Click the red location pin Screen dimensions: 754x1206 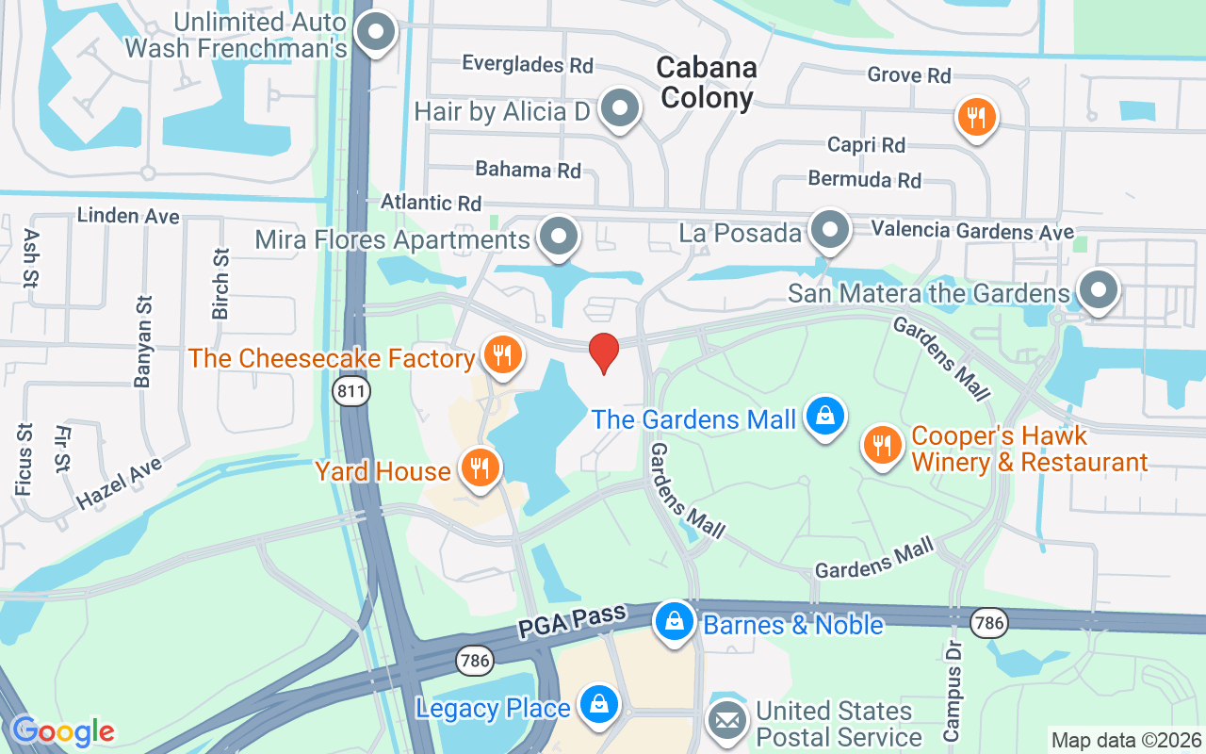[603, 352]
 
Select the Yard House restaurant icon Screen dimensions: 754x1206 [480, 467]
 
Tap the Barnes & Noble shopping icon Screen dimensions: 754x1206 [675, 621]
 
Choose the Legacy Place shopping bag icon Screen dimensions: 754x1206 [597, 704]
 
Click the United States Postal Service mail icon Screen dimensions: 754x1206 [726, 722]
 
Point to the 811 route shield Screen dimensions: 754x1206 [350, 394]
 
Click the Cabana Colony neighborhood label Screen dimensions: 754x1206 [707, 82]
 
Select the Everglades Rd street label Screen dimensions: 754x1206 [528, 64]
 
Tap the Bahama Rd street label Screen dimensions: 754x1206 [528, 170]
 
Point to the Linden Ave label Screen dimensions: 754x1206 [128, 216]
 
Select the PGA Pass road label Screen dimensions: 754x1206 [571, 623]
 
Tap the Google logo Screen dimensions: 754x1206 [62, 731]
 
